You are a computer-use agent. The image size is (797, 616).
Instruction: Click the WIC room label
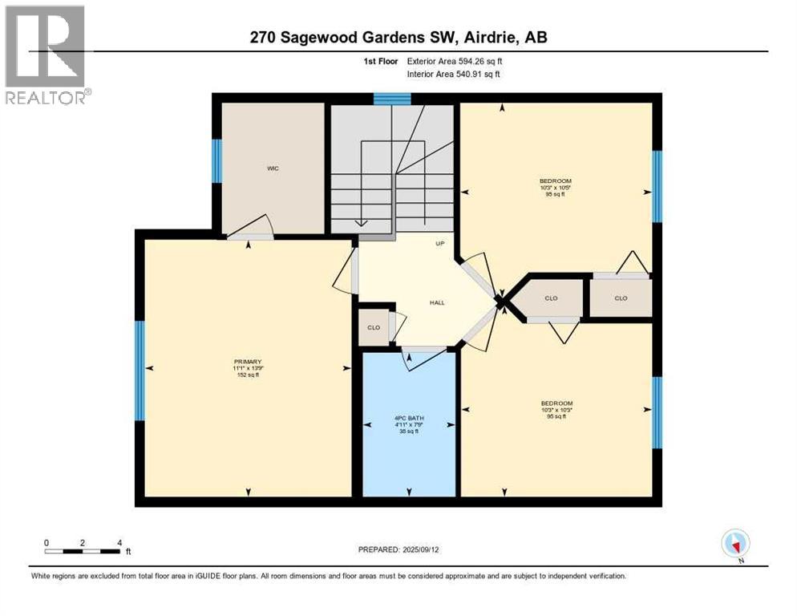[273, 168]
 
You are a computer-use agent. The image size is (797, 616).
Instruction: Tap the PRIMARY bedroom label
[248, 362]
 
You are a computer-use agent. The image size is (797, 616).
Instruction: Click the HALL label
[436, 302]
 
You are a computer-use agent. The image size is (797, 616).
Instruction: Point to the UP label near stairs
[439, 244]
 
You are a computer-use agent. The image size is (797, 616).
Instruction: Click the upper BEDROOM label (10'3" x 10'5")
[556, 181]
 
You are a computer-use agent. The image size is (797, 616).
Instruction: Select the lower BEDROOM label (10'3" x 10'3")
[556, 403]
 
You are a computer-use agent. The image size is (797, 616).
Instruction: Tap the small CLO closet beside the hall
[374, 327]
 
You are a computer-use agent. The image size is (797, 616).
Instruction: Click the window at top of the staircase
[392, 99]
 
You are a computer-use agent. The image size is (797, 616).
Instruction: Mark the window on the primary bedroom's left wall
[140, 371]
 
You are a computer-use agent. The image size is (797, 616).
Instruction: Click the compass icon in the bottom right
[735, 543]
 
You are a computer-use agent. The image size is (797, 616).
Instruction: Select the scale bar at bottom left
[83, 551]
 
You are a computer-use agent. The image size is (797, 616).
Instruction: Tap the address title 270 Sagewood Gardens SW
[398, 37]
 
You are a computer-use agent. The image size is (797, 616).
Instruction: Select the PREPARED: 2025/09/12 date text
[398, 549]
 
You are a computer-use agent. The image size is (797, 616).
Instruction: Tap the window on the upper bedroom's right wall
[657, 186]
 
